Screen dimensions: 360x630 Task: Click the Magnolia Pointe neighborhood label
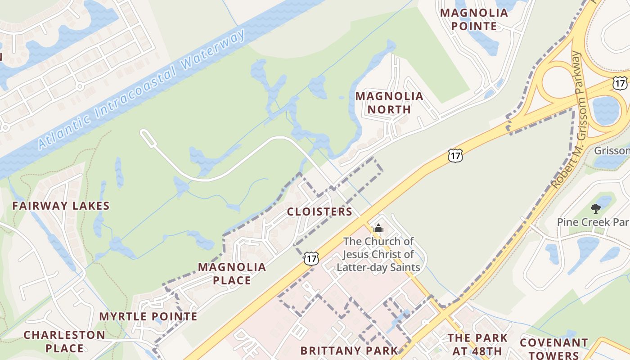474,19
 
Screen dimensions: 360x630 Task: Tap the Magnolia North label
389,103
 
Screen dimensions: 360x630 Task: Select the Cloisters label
319,211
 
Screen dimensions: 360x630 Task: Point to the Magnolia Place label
232,274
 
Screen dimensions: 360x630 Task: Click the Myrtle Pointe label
148,316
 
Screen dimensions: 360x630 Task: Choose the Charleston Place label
64,342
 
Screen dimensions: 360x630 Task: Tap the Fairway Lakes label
61,206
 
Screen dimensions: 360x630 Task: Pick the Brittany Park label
349,351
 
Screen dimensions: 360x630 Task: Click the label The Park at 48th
477,344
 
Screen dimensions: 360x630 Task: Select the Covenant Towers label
553,349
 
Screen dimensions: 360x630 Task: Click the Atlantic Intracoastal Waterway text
142,89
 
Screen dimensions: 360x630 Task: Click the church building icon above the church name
378,228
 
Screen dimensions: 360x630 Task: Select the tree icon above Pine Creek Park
596,208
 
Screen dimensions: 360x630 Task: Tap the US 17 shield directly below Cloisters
311,258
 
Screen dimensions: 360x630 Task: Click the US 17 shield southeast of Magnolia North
455,156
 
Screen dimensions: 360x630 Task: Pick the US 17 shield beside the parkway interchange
619,83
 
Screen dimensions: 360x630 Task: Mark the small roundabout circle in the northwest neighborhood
80,85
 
